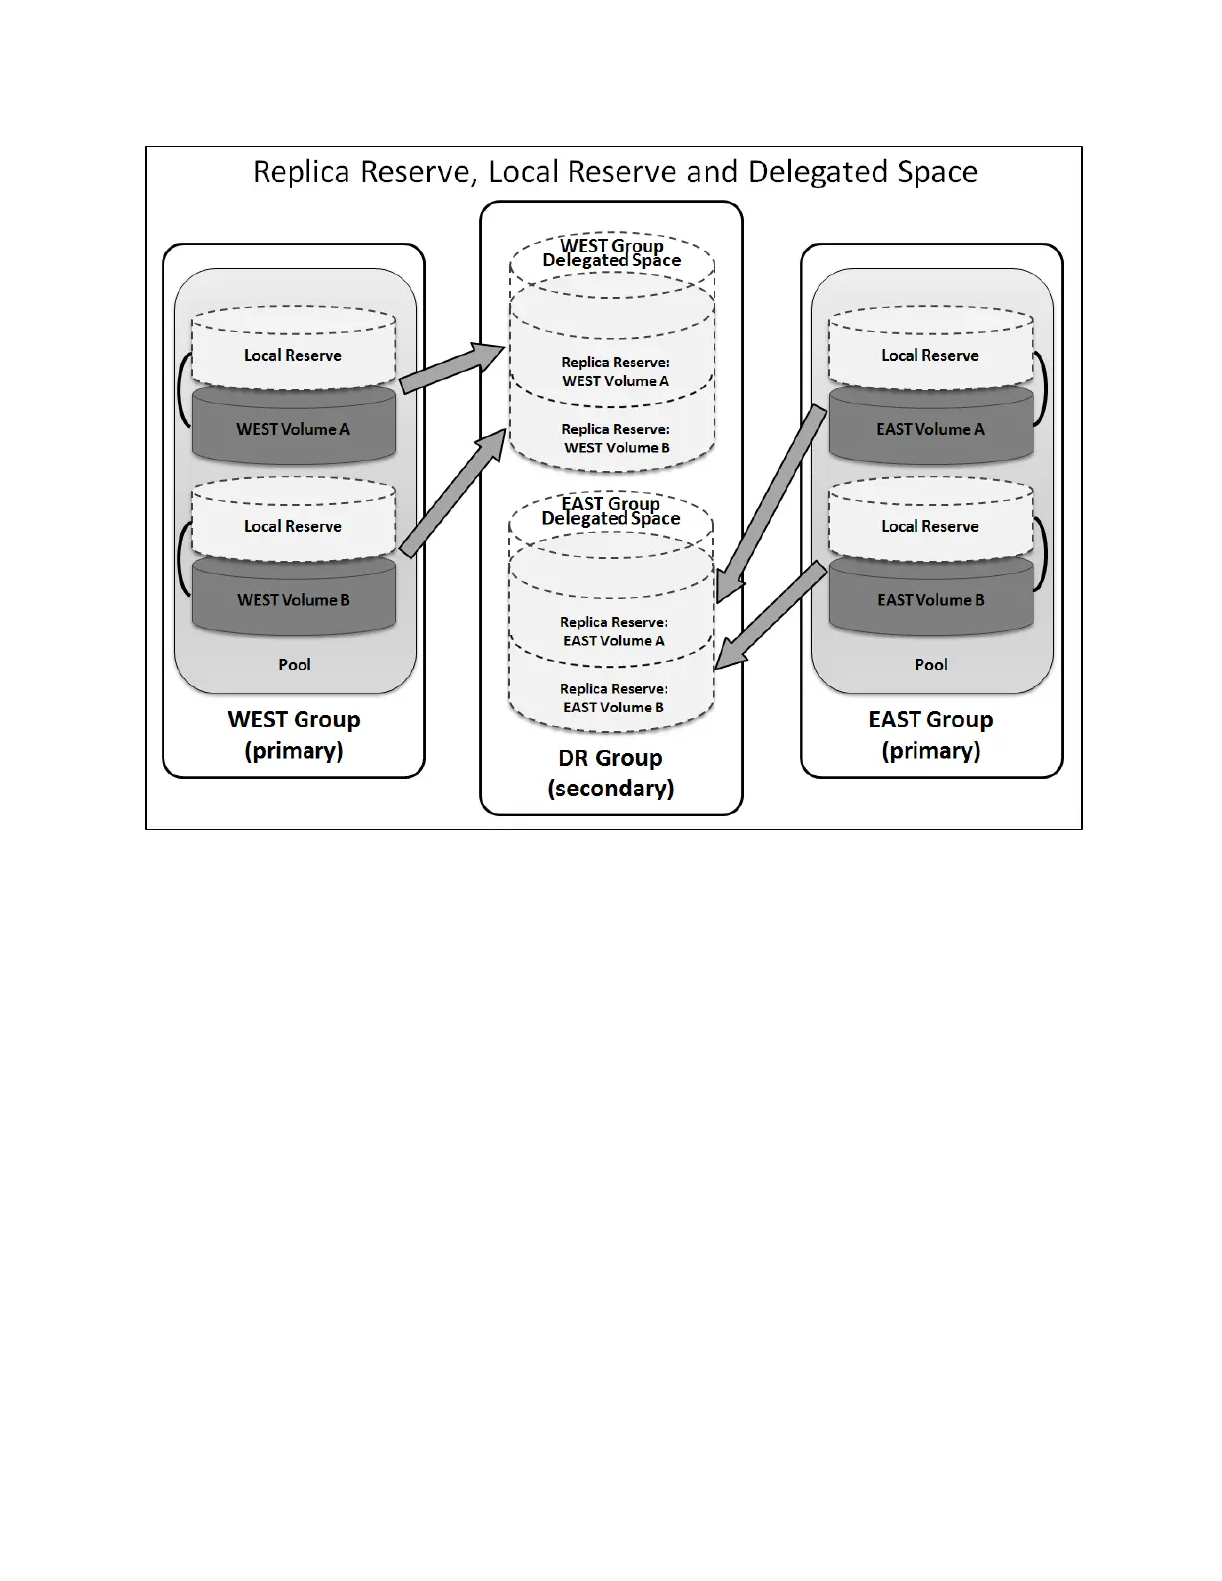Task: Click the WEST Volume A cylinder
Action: (294, 429)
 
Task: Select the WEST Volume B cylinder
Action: (294, 600)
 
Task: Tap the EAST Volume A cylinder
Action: (930, 429)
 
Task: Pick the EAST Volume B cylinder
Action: (930, 600)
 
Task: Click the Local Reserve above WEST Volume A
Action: (294, 355)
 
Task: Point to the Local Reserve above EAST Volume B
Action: (930, 526)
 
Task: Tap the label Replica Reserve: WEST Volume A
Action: (615, 372)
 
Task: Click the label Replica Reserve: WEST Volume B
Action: (616, 439)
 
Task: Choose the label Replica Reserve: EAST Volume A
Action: (614, 631)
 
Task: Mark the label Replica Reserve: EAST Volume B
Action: (614, 698)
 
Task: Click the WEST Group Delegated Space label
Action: (612, 253)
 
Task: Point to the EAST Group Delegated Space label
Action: (611, 511)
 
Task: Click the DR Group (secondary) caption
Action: (611, 773)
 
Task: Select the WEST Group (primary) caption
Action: (295, 735)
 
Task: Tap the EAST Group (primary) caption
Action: (930, 735)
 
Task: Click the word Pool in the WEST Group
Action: (295, 665)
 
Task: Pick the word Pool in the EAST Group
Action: (931, 665)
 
